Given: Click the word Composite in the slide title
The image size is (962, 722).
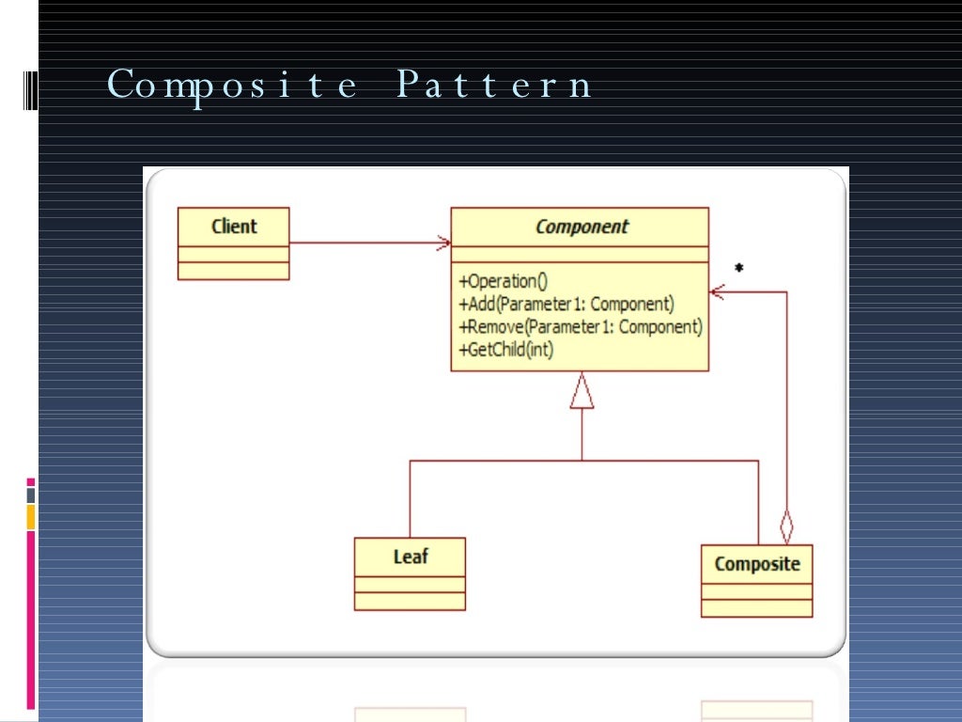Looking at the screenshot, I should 233,86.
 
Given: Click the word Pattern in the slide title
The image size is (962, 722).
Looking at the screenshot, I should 494,86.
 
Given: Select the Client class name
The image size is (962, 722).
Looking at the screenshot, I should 234,227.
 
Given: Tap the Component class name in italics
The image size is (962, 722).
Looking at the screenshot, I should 581,227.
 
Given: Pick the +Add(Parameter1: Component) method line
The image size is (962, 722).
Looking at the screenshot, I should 566,305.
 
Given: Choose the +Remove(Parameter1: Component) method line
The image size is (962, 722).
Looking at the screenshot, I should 580,327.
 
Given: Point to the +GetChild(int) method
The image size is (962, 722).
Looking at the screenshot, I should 506,350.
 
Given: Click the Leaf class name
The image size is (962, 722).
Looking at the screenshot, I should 411,557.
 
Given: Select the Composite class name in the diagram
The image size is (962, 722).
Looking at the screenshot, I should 756,564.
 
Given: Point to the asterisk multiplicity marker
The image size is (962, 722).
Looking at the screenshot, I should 738,270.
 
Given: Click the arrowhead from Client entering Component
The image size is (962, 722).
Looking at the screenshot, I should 443,243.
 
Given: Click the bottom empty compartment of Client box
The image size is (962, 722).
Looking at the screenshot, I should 234,271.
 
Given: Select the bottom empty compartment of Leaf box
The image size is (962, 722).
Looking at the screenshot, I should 410,602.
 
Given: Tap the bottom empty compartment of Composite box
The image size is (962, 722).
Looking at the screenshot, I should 756,608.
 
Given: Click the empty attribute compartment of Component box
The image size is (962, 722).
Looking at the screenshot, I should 580,255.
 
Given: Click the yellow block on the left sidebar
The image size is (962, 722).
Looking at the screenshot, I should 31,516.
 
